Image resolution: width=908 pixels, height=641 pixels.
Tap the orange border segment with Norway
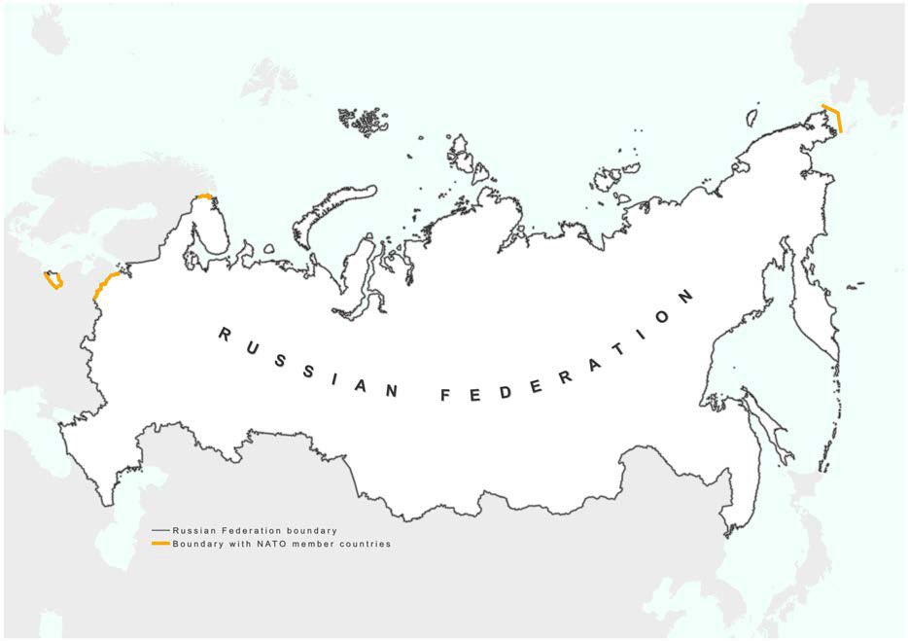pyautogui.click(x=204, y=196)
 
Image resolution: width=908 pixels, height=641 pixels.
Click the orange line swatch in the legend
pyautogui.click(x=160, y=544)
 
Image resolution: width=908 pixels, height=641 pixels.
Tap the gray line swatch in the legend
pyautogui.click(x=160, y=530)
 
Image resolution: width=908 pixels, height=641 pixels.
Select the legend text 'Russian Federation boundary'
pyautogui.click(x=254, y=530)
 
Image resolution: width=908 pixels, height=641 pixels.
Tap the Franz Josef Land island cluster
pyautogui.click(x=362, y=122)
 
